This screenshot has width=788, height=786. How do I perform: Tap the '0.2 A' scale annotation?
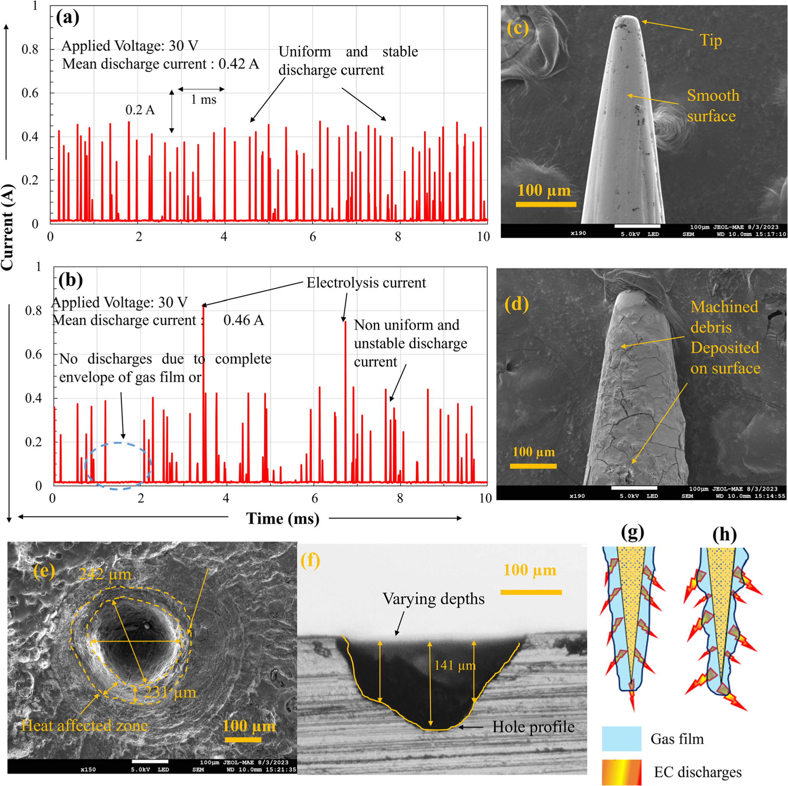[x=140, y=110]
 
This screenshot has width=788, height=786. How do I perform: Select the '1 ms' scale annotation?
[x=203, y=99]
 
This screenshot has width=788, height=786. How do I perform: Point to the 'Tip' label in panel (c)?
[x=710, y=41]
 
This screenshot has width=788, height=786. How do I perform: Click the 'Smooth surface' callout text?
[x=713, y=106]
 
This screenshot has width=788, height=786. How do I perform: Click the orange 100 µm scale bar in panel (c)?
[x=546, y=204]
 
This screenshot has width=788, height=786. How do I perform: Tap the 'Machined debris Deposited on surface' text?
[x=725, y=337]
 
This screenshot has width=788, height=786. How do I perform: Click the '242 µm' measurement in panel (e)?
[x=105, y=574]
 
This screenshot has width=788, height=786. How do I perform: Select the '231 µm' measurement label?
[x=171, y=692]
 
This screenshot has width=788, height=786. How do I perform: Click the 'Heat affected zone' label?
[x=84, y=725]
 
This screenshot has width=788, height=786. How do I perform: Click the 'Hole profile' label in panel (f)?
[x=533, y=726]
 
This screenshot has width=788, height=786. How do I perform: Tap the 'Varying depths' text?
[x=433, y=599]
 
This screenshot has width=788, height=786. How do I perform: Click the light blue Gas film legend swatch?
[x=621, y=739]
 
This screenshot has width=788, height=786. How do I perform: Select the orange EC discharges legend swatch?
[x=621, y=772]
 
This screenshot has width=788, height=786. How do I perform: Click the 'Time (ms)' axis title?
[x=283, y=518]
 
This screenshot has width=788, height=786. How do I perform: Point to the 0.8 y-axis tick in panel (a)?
[x=30, y=49]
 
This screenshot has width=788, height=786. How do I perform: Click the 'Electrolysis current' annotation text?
[x=366, y=283]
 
